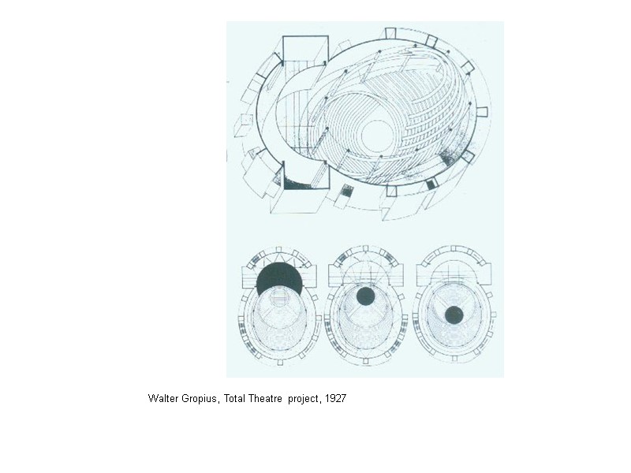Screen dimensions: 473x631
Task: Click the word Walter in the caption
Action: click(x=163, y=399)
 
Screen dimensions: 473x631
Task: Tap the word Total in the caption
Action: click(x=235, y=399)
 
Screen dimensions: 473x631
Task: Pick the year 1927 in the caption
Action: click(x=335, y=399)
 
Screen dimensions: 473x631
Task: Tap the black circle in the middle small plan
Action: click(x=364, y=296)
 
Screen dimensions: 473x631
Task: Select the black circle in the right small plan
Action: click(x=454, y=315)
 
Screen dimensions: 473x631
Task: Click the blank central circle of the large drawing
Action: click(x=377, y=135)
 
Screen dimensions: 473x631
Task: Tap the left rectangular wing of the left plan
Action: click(x=249, y=275)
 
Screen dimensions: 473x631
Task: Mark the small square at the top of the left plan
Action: click(x=279, y=251)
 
